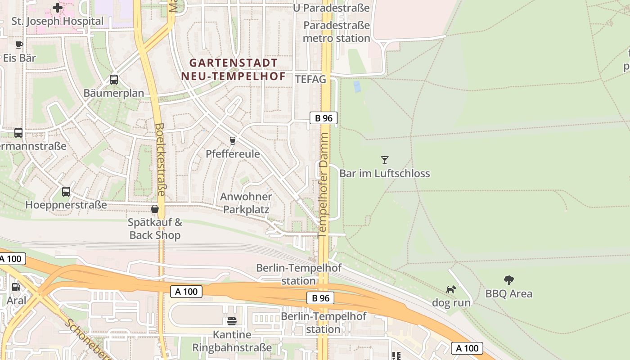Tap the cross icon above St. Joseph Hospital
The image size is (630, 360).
[58, 8]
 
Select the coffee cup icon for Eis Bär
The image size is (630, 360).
[19, 45]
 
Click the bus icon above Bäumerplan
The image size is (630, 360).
[114, 80]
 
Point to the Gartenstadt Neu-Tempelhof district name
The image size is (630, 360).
[233, 69]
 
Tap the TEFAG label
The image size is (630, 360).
[310, 80]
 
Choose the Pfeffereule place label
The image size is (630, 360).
[233, 154]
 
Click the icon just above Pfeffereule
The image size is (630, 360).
[233, 141]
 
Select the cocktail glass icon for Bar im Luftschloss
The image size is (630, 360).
[384, 160]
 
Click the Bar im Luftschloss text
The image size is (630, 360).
[384, 173]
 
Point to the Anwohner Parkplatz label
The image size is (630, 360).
[246, 203]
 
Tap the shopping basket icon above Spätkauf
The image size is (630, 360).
[155, 209]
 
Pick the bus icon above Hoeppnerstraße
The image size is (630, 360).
[66, 192]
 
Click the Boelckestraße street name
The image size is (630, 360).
[160, 160]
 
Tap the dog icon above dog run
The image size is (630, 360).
[451, 289]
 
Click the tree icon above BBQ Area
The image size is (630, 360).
[509, 280]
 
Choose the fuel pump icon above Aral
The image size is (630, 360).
[16, 287]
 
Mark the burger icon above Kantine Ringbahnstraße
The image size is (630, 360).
[232, 321]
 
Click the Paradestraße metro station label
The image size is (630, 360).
[337, 31]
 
